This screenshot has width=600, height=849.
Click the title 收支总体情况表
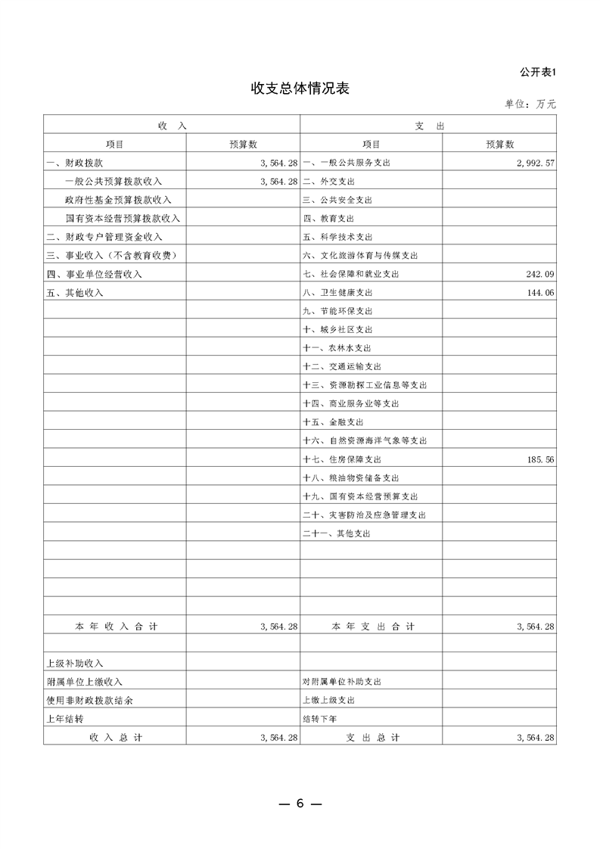coord(300,89)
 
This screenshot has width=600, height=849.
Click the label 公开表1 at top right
coord(538,72)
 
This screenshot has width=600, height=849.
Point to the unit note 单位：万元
coord(530,104)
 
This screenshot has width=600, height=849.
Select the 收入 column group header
coord(172,126)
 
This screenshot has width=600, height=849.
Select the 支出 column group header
coord(428,126)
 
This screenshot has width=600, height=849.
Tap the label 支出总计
coord(372,737)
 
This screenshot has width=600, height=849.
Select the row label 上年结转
coord(64,719)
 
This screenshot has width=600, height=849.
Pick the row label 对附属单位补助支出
coord(341,682)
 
